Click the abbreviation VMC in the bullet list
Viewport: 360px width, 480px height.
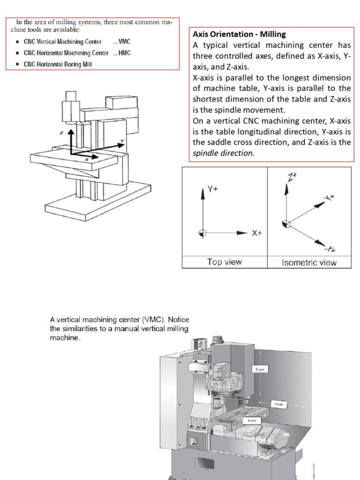124,42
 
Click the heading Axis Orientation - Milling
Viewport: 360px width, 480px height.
239,34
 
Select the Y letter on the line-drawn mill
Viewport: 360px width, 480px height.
122,141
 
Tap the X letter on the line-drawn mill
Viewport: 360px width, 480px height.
87,159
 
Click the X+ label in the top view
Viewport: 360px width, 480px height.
257,233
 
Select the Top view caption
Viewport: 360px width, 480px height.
224,262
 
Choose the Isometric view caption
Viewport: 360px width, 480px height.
309,262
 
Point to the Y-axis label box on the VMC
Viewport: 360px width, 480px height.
279,404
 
